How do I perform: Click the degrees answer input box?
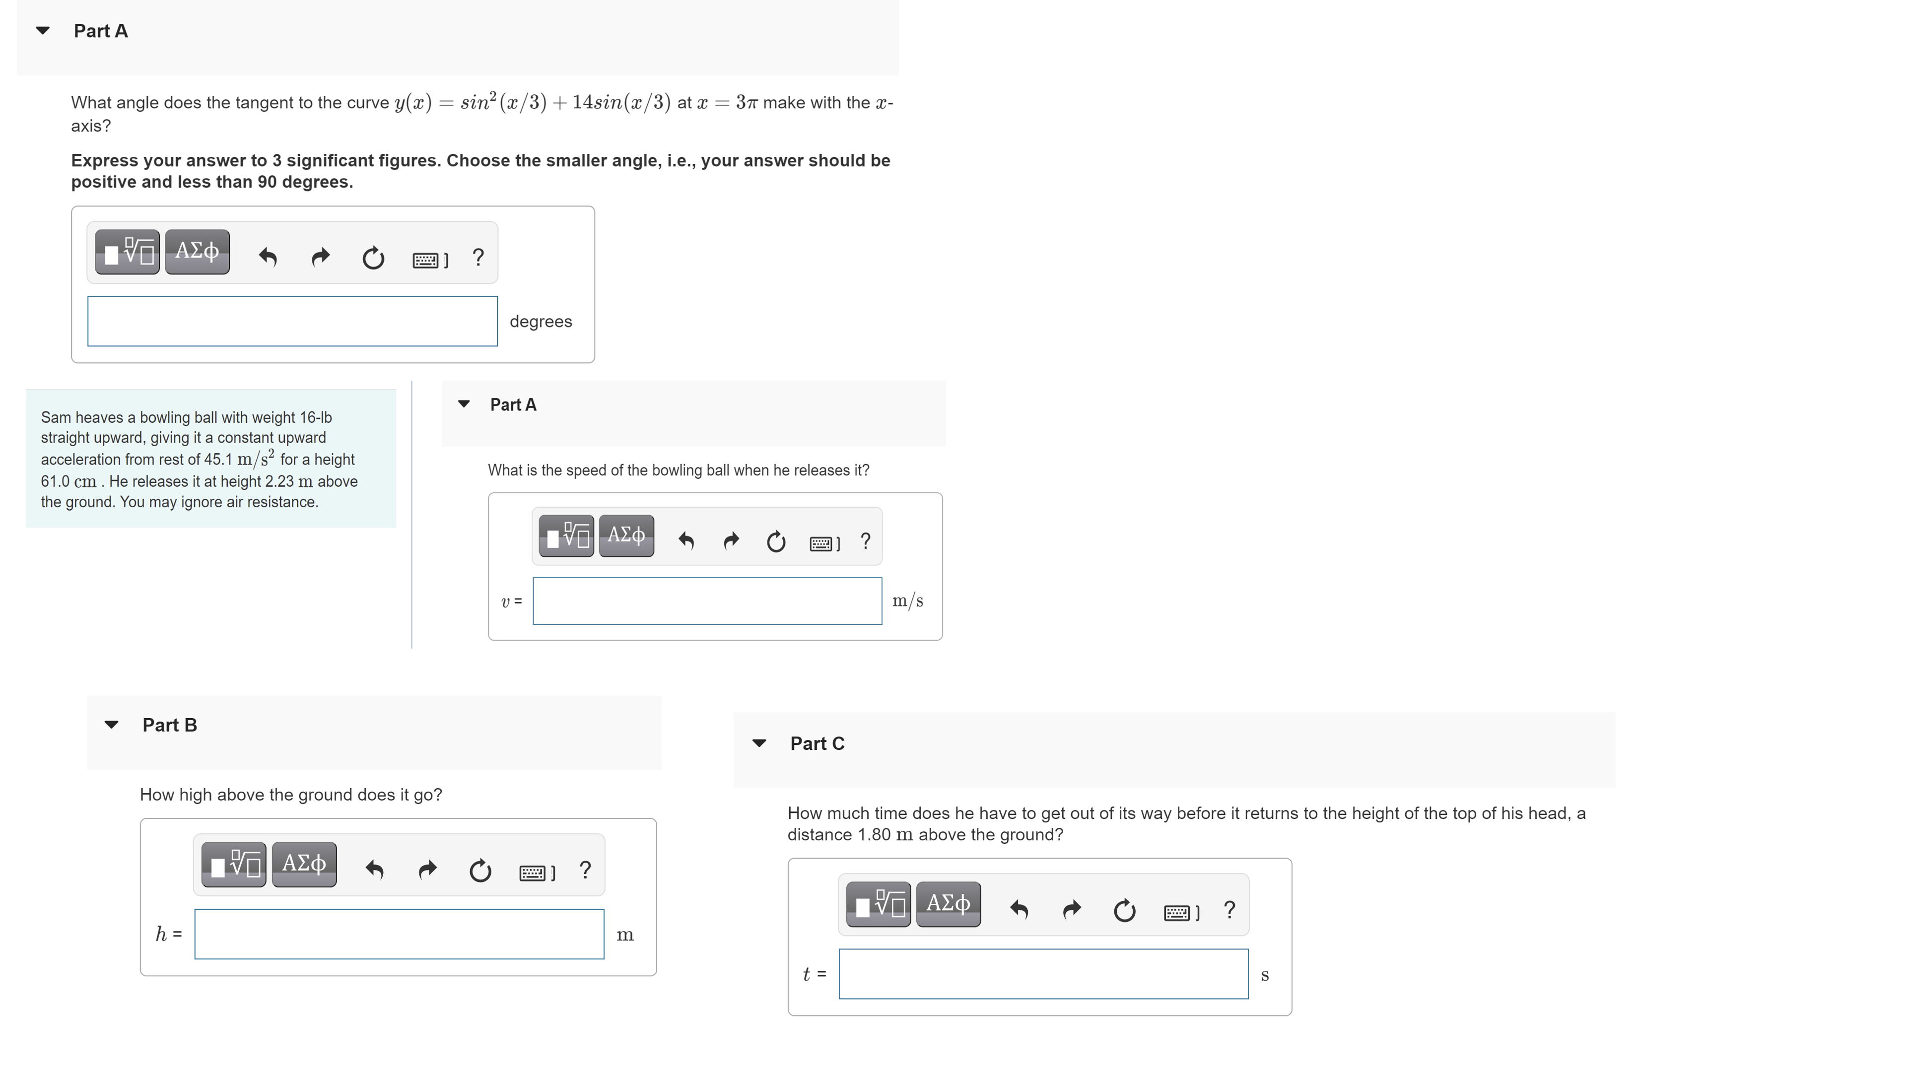292,321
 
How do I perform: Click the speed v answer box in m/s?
707,601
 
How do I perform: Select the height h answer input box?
399,935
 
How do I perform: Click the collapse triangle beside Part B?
112,725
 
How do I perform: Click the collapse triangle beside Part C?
759,743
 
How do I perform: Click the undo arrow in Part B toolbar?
374,870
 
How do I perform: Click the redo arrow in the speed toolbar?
731,541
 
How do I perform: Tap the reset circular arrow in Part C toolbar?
1124,910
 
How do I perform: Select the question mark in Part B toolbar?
585,870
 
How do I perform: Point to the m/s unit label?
907,601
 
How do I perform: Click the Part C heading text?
817,743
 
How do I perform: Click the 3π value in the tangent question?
747,102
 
